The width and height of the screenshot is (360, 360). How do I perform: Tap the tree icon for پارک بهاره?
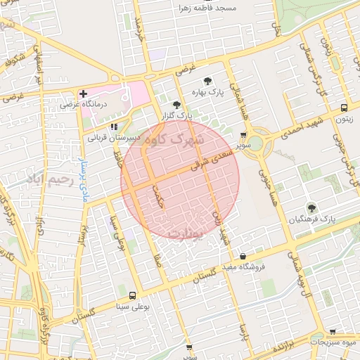point(207,81)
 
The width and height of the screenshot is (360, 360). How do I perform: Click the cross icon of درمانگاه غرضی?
point(83,94)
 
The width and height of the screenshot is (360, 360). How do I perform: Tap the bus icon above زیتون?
point(343,108)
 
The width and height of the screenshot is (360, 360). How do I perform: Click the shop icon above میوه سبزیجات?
point(333,331)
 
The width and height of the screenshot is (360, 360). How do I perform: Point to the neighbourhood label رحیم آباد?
point(49,179)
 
